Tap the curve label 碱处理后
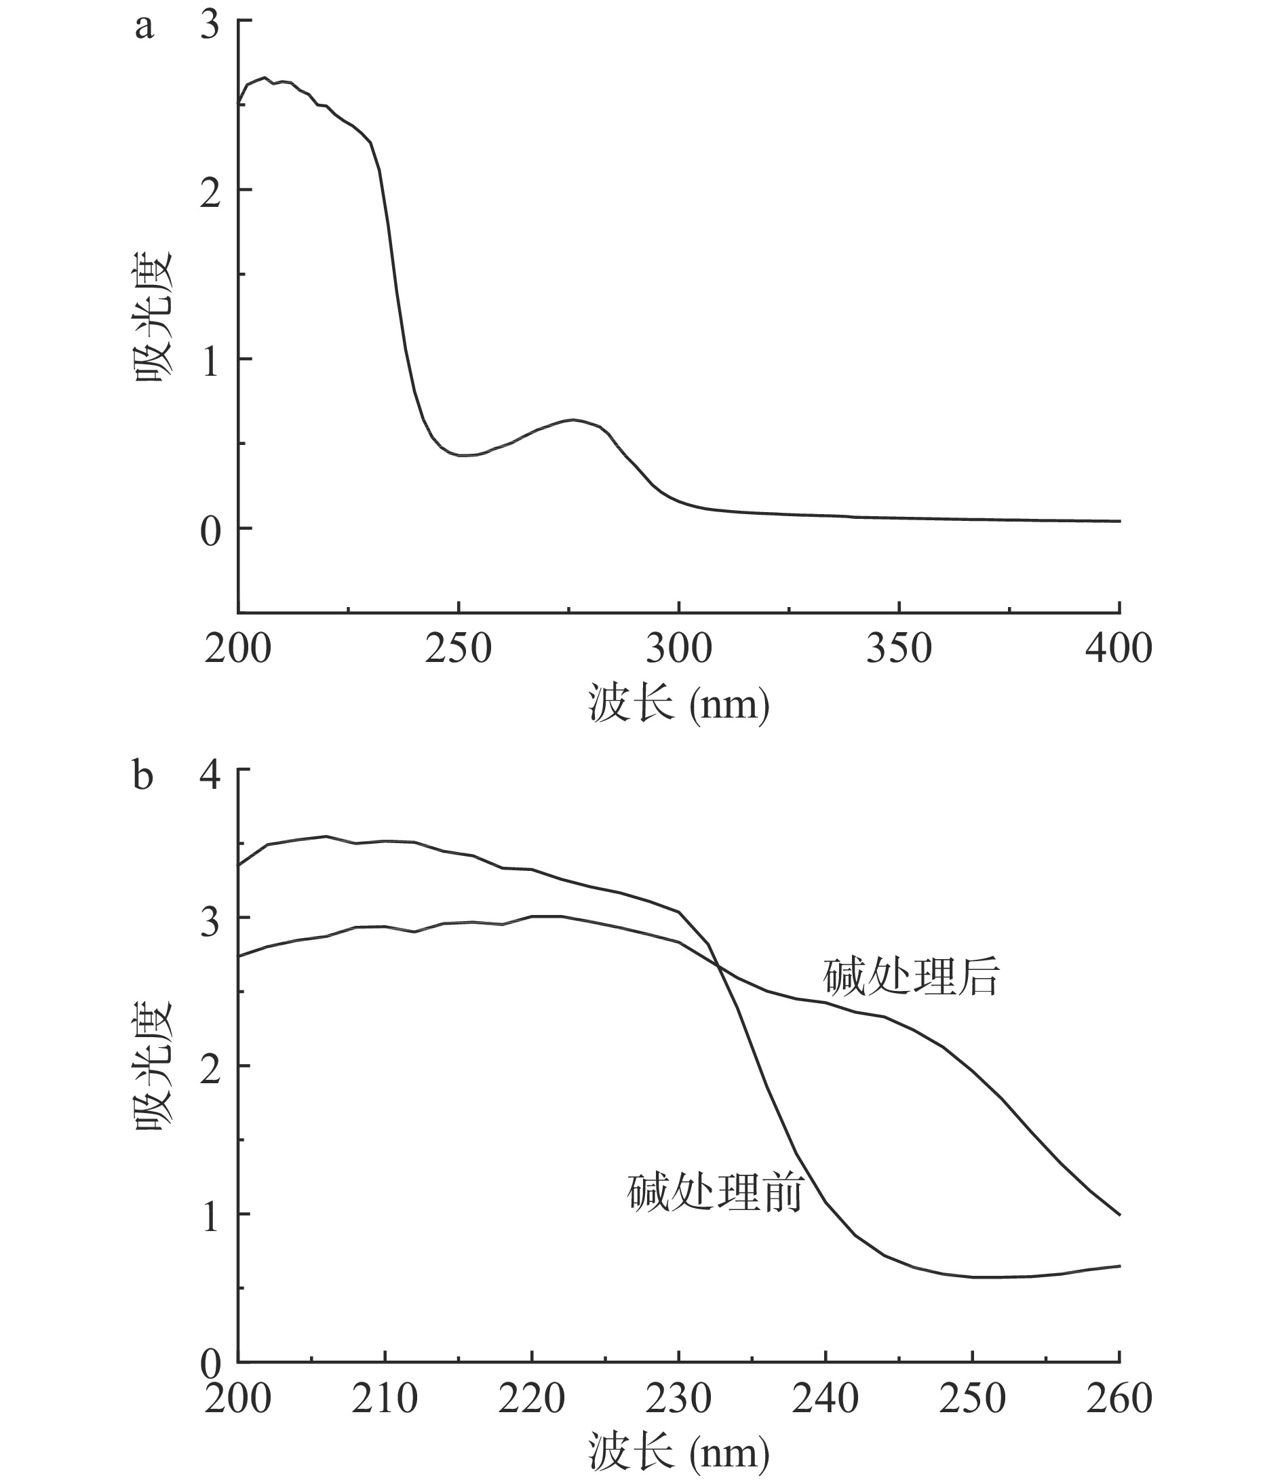911,977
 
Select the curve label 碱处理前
716,1192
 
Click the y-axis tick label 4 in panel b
210,775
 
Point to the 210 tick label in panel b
385,1399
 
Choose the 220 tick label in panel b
532,1399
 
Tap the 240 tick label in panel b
825,1399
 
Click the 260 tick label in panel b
1119,1399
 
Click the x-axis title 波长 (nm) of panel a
679,704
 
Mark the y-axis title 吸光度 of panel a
154,315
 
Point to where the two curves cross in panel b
718,967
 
